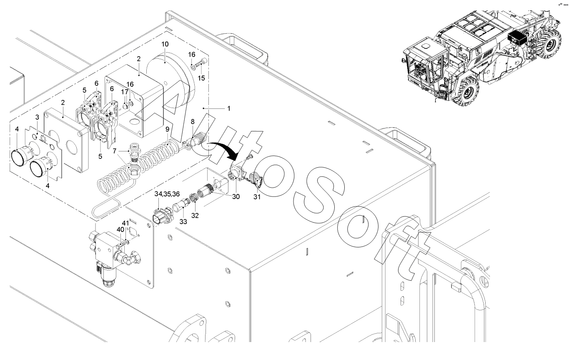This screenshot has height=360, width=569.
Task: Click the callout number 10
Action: click(x=165, y=44)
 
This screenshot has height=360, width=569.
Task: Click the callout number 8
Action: click(x=192, y=121)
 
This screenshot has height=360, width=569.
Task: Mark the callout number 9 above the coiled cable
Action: click(x=167, y=130)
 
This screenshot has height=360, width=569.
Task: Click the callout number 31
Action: click(x=257, y=197)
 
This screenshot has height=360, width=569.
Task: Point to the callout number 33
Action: click(x=183, y=222)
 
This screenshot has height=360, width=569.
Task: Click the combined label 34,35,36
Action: click(x=167, y=194)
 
